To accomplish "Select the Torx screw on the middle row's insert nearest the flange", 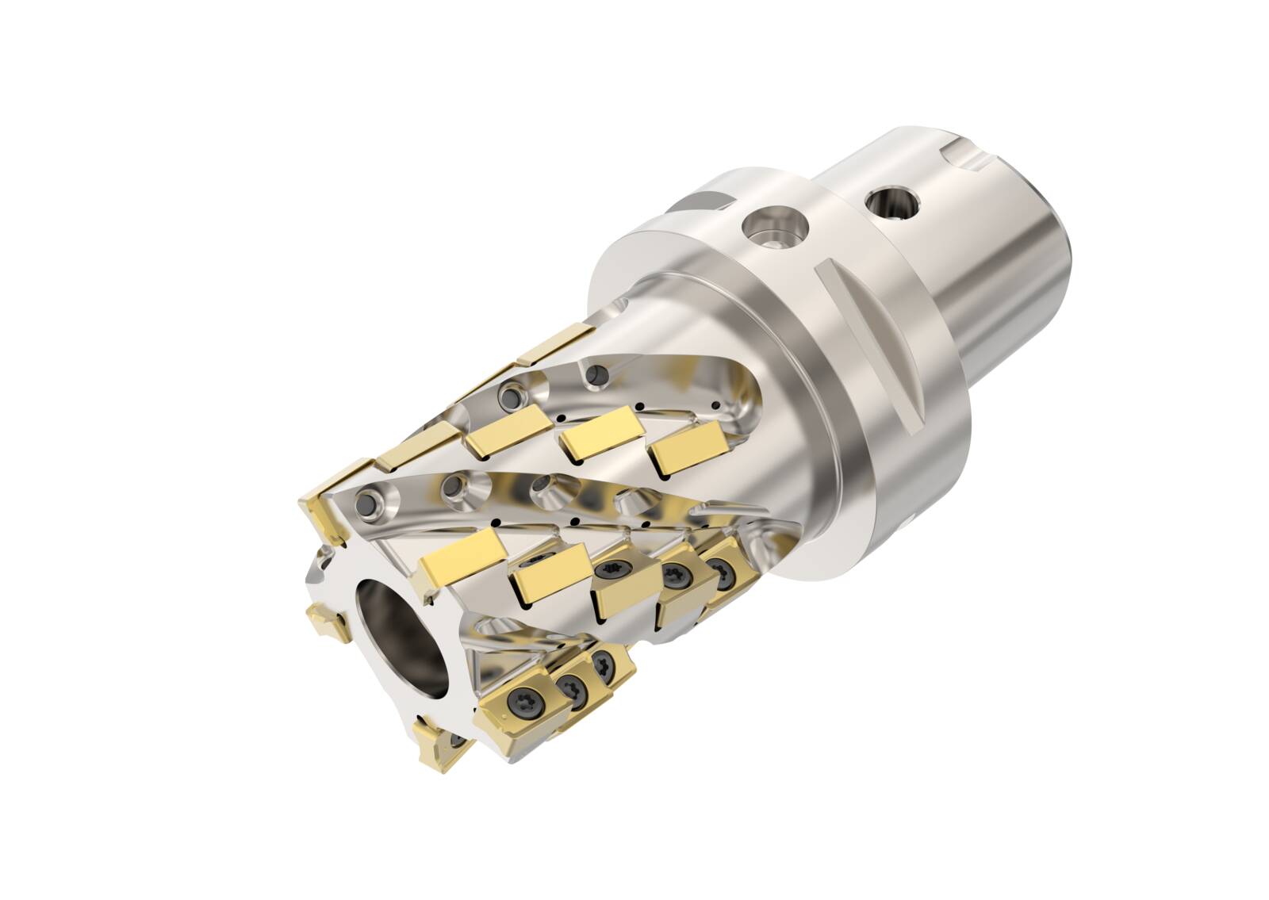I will (x=721, y=568).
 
